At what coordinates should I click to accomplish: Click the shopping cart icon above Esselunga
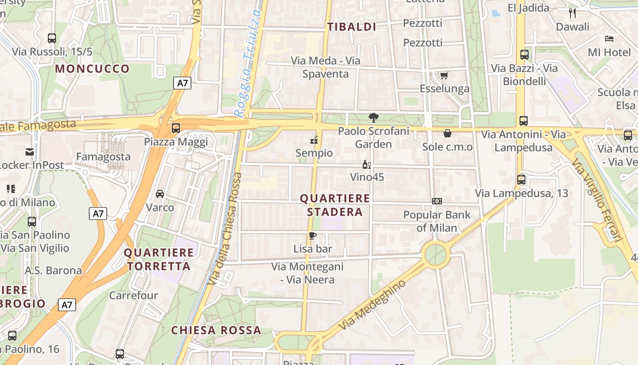click(444, 75)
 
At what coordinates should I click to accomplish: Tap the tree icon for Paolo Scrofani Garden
click(374, 118)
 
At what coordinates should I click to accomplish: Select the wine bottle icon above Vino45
click(366, 164)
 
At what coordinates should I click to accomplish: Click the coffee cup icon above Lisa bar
click(313, 236)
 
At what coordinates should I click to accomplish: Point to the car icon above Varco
click(160, 194)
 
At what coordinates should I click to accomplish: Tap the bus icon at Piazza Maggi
click(176, 128)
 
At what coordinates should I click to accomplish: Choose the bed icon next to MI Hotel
click(609, 38)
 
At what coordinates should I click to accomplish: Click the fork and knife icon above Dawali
click(573, 13)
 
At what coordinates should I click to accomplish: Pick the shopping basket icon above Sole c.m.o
click(448, 133)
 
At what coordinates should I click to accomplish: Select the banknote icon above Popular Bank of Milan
click(437, 201)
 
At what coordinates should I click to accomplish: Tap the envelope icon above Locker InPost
click(30, 152)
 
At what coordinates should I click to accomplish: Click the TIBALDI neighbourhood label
click(352, 27)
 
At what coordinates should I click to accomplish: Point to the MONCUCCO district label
click(93, 69)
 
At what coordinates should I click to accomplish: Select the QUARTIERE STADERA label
click(335, 205)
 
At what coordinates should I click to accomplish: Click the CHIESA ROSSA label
click(216, 330)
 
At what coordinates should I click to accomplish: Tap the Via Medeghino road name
click(372, 305)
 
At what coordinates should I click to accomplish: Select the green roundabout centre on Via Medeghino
click(436, 255)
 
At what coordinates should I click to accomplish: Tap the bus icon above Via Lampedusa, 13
click(521, 180)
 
